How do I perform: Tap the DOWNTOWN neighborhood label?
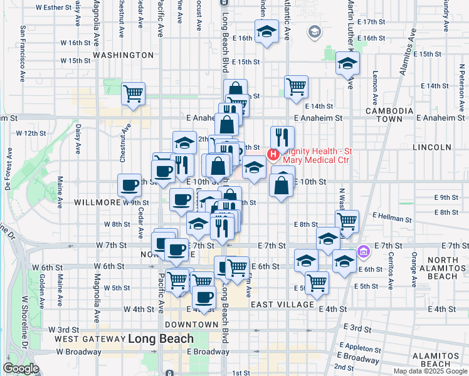click(191, 325)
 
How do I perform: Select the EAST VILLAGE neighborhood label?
click(282, 305)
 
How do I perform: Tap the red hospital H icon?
click(273, 154)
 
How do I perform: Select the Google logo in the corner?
click(21, 368)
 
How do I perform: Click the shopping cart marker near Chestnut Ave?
click(133, 94)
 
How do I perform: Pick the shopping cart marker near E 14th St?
click(296, 86)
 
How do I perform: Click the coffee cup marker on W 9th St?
click(130, 185)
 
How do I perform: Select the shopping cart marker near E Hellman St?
click(347, 221)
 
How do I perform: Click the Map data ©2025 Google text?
click(430, 371)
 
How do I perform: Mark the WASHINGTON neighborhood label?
click(123, 55)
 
